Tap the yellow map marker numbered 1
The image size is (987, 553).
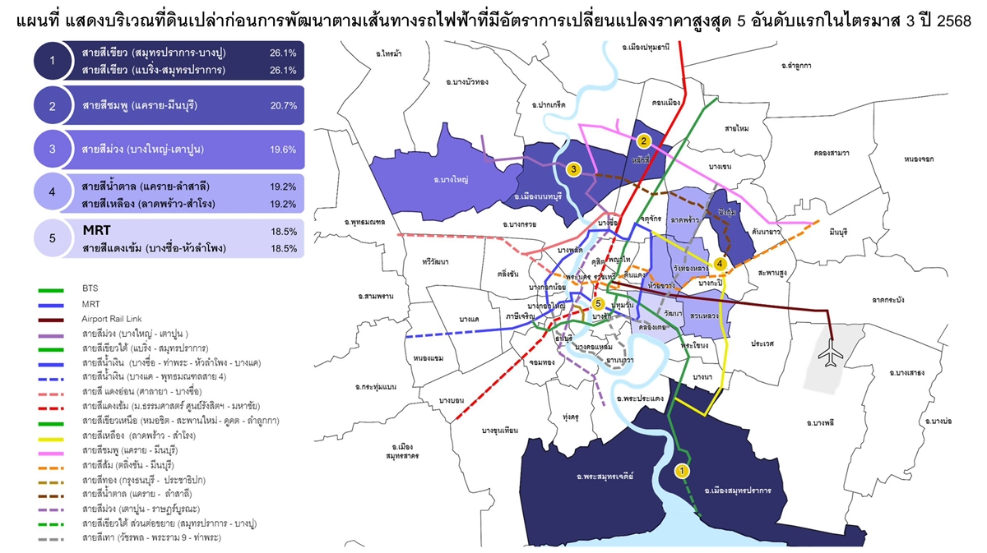click(680, 470)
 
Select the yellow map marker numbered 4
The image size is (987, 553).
click(720, 263)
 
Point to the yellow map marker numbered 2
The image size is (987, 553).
click(645, 141)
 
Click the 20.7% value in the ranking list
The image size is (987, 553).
click(282, 106)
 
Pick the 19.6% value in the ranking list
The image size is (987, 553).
click(282, 150)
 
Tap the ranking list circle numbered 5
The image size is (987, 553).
click(53, 238)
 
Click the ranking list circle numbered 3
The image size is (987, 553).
click(53, 150)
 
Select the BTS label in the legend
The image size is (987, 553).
click(90, 289)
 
